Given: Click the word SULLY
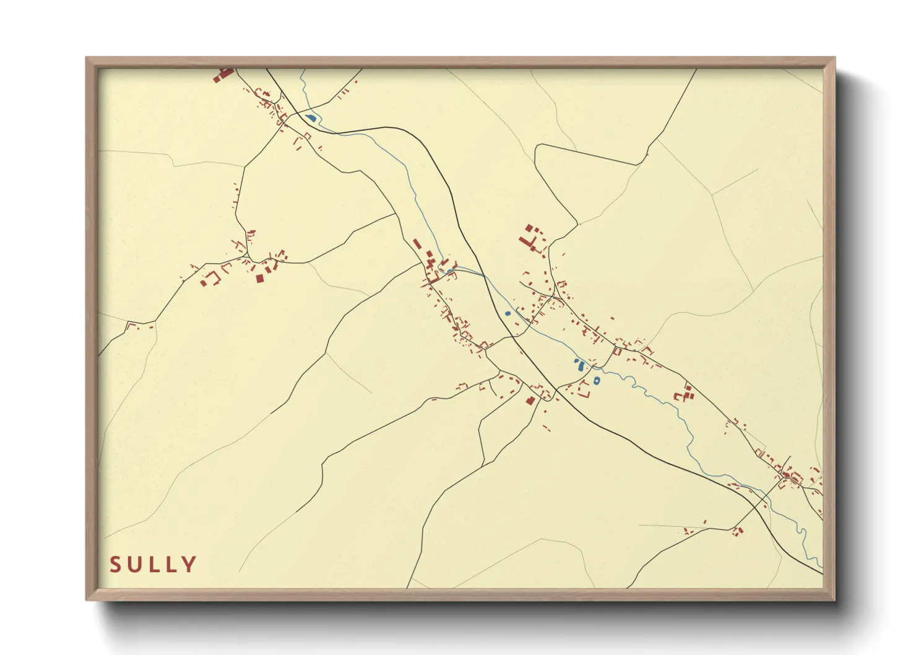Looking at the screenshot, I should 153,565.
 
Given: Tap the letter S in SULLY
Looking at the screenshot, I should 115,565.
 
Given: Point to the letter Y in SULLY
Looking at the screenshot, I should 189,565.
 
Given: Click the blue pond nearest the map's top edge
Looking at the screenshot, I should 310,118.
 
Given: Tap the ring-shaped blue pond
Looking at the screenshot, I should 596,381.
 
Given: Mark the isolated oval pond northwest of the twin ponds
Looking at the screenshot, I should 508,314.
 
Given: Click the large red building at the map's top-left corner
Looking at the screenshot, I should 223,74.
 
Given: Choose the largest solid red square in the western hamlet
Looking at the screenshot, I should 260,279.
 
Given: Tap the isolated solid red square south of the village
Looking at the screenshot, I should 530,401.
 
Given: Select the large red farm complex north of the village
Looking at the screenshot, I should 530,239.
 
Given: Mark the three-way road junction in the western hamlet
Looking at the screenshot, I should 247,254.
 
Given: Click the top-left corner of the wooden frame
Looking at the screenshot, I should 87,58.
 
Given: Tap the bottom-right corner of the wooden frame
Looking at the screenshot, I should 834,600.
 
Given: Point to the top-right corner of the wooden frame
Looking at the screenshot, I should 834,58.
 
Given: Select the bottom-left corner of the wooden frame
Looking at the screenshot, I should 87,600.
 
